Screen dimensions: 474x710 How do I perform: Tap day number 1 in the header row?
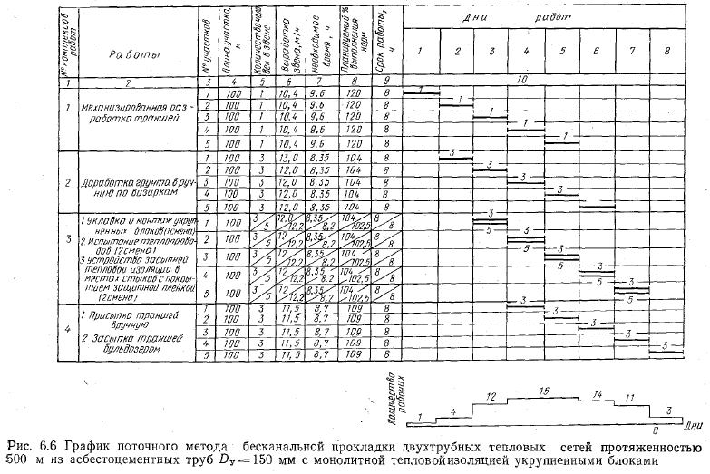tap(420, 50)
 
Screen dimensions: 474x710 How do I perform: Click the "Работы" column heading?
tap(130, 53)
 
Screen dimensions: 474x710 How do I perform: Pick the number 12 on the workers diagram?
tap(491, 397)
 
